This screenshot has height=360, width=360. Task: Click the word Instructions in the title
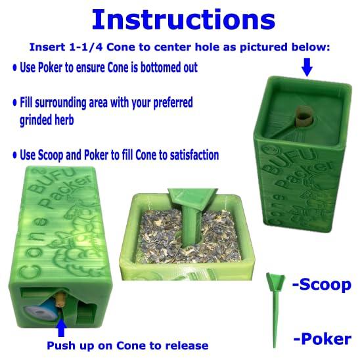click(183, 20)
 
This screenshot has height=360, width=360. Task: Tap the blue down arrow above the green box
click(307, 67)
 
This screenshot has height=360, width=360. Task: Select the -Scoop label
click(322, 284)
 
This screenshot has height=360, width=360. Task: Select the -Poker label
click(323, 339)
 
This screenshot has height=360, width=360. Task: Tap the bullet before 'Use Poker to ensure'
click(15, 68)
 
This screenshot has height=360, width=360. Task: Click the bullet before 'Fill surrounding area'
click(15, 102)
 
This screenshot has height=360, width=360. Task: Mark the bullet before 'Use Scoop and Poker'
click(15, 155)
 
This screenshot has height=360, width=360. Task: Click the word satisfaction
click(194, 155)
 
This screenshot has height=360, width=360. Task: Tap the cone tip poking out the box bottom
click(60, 299)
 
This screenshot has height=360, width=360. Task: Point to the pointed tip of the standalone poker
click(274, 346)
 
